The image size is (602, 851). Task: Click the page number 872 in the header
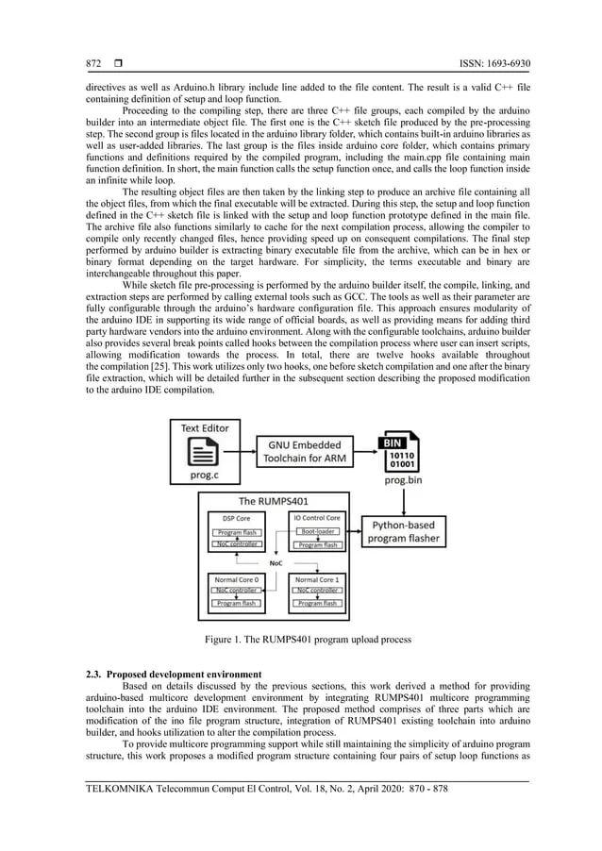click(x=94, y=64)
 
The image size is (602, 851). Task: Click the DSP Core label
click(x=234, y=518)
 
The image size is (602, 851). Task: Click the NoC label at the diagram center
click(x=276, y=561)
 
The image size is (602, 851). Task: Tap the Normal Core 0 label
click(x=236, y=578)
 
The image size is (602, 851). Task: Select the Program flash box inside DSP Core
click(x=236, y=532)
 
